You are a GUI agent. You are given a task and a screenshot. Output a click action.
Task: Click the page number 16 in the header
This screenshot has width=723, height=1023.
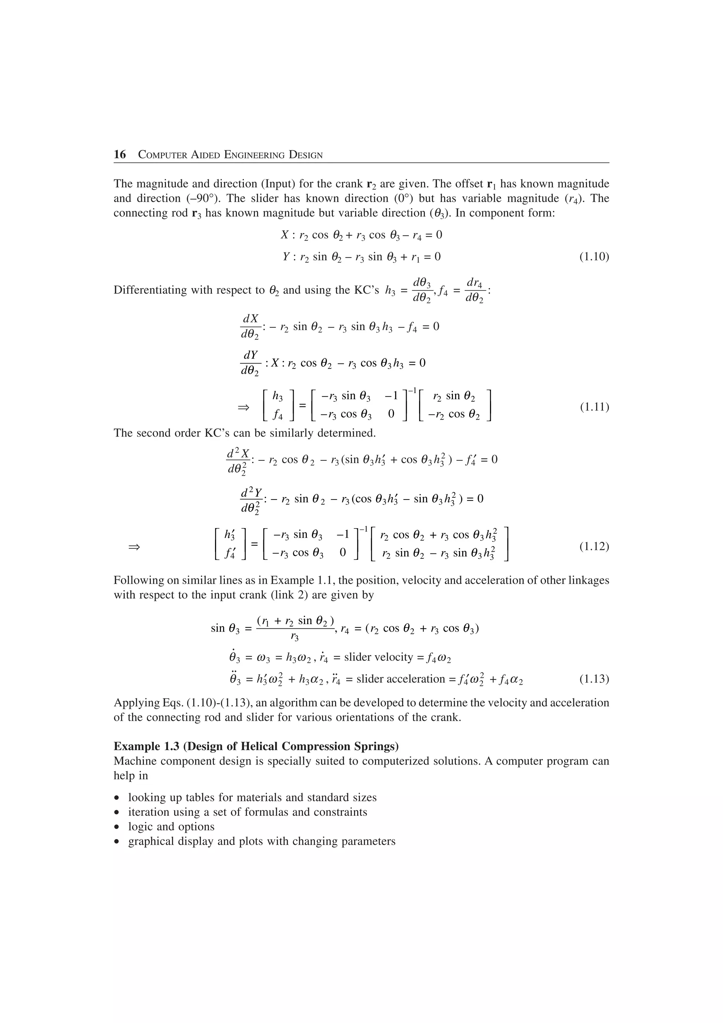[x=120, y=155]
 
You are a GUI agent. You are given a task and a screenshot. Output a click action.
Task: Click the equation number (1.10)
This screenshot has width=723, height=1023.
[x=594, y=257]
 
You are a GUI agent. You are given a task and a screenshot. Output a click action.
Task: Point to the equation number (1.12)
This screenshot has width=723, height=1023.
[x=594, y=546]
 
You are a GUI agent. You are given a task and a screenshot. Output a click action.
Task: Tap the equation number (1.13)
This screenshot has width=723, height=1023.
[x=594, y=679]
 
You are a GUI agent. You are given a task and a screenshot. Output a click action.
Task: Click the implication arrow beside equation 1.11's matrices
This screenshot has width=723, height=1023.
[x=243, y=407]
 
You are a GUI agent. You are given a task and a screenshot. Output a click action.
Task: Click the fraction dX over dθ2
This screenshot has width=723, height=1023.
[x=250, y=327]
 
